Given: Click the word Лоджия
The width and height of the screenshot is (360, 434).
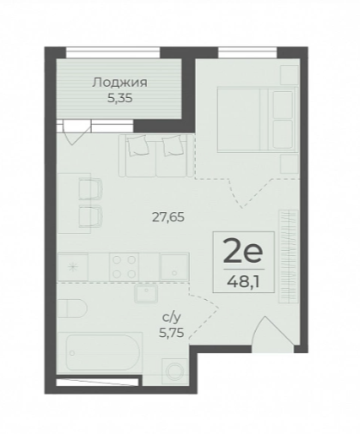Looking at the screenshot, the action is [119, 83].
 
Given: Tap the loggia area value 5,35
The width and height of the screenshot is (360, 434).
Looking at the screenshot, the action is [119, 98].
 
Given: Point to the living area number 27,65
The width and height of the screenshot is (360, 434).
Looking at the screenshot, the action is [168, 217].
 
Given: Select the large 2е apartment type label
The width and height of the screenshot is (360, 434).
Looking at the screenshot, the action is [243, 251].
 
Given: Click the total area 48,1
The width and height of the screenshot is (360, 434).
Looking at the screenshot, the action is [243, 282].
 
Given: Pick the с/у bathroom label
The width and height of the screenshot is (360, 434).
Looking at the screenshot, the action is [172, 318].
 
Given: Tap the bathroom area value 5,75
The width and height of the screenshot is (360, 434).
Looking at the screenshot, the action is [172, 333].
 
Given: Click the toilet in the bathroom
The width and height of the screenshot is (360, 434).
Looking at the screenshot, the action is [72, 309].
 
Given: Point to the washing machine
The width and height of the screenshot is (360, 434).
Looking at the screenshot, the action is [174, 371].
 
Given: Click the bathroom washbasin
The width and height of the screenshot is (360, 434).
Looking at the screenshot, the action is [147, 294].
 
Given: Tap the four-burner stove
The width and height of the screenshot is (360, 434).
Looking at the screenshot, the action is [124, 266].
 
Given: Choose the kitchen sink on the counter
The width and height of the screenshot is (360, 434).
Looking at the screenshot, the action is [174, 266].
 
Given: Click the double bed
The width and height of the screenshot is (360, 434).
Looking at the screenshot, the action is [256, 119].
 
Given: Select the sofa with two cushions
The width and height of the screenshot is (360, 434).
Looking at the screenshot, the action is [156, 156].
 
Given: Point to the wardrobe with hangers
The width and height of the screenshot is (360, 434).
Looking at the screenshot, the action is [289, 256].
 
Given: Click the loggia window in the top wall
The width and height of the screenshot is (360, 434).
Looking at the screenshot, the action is [113, 52].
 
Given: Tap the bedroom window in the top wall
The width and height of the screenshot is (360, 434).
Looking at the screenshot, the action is [247, 52].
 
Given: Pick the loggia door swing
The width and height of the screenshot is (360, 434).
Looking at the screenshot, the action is [75, 132].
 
